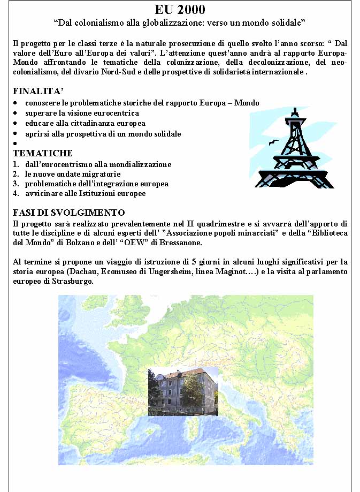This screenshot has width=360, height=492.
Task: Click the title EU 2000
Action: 180,9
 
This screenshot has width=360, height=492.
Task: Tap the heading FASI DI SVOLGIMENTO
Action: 69,213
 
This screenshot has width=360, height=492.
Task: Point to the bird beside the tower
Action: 273,142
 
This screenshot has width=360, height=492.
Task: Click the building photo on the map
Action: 183,391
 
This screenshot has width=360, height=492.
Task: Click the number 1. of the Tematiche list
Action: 16,164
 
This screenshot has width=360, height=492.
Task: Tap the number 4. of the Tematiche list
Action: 16,193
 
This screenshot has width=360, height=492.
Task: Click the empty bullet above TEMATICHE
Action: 16,143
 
